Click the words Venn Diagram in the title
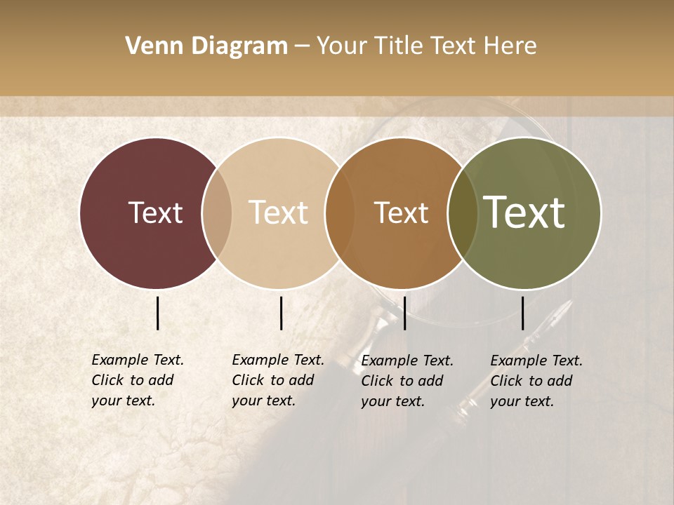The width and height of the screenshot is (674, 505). click(206, 46)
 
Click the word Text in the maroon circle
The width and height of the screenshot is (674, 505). click(155, 213)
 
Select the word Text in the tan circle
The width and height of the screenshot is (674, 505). click(278, 213)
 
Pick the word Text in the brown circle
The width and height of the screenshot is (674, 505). click(401, 213)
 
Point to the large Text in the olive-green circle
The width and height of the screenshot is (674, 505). click(524, 213)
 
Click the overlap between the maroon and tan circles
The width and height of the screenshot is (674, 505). click(217, 213)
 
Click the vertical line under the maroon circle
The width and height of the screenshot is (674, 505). click(158, 313)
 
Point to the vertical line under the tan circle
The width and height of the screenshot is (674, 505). click(281, 313)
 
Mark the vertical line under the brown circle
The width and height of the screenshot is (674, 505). click(404, 313)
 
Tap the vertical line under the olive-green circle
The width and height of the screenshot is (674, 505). click(523, 313)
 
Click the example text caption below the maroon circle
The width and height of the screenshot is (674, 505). click(137, 380)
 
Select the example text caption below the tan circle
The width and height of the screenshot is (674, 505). click(277, 380)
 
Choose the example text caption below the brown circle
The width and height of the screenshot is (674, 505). click(407, 380)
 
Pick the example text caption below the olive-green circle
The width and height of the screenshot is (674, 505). click(536, 380)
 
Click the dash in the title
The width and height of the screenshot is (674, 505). click(302, 47)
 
